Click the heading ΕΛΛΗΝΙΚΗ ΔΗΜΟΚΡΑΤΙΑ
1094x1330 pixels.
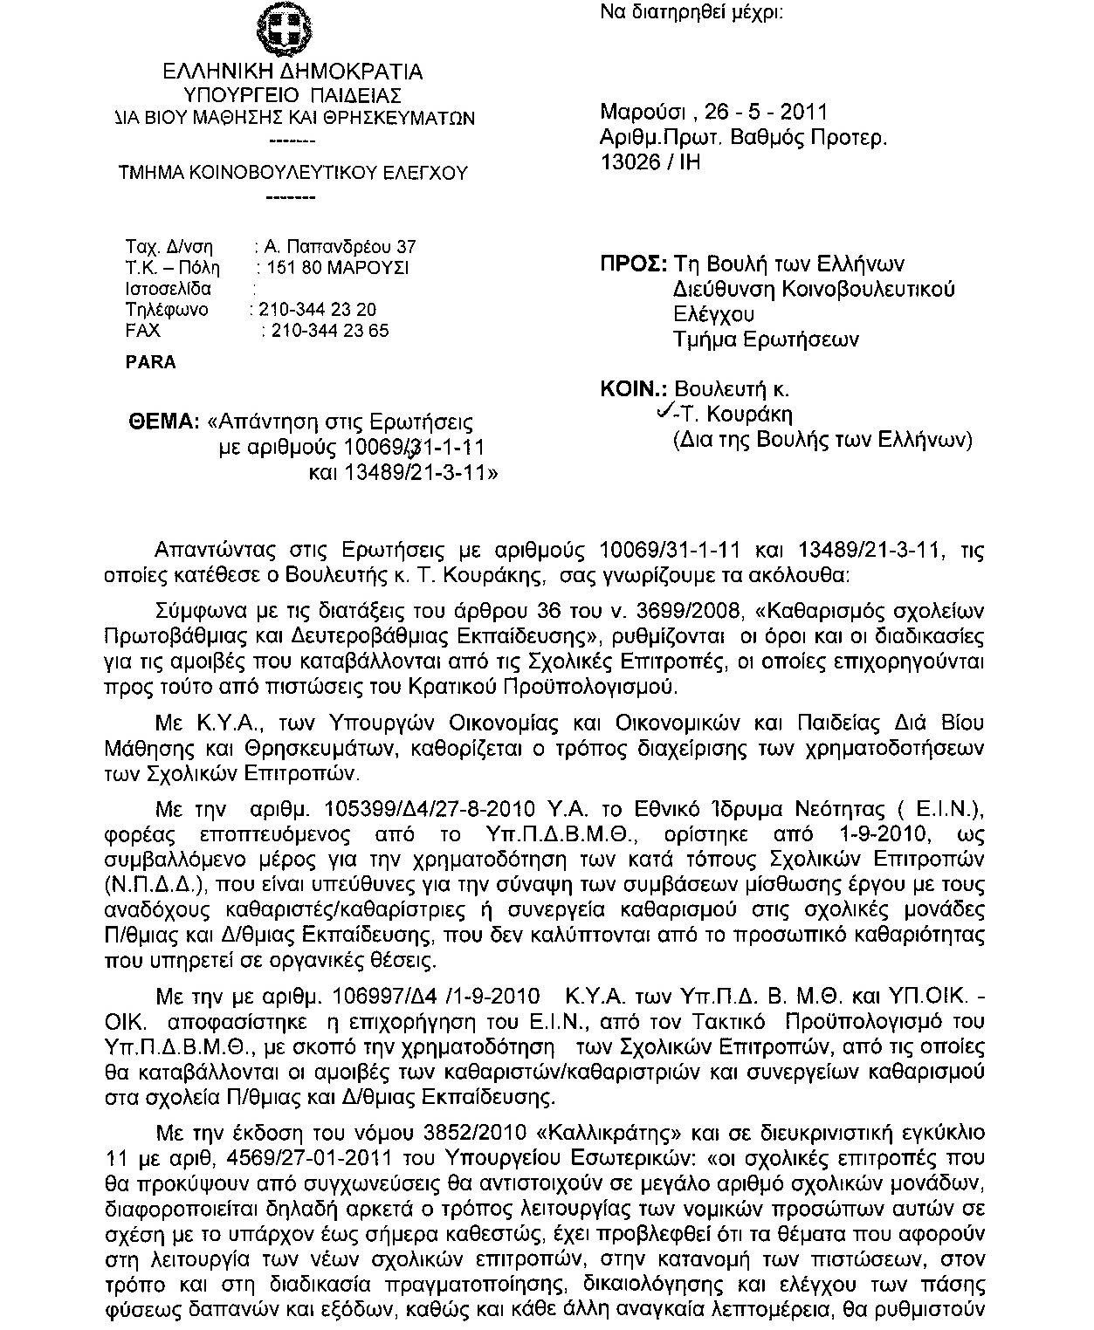pyautogui.click(x=293, y=72)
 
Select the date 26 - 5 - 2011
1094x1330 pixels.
pyautogui.click(x=764, y=112)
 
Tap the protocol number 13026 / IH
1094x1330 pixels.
pyautogui.click(x=650, y=162)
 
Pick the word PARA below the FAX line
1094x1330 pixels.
pyautogui.click(x=151, y=362)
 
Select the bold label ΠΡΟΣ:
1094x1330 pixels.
pyautogui.click(x=634, y=264)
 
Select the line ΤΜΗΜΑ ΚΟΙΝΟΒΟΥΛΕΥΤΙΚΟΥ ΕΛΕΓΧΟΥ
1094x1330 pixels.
pyautogui.click(x=292, y=173)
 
